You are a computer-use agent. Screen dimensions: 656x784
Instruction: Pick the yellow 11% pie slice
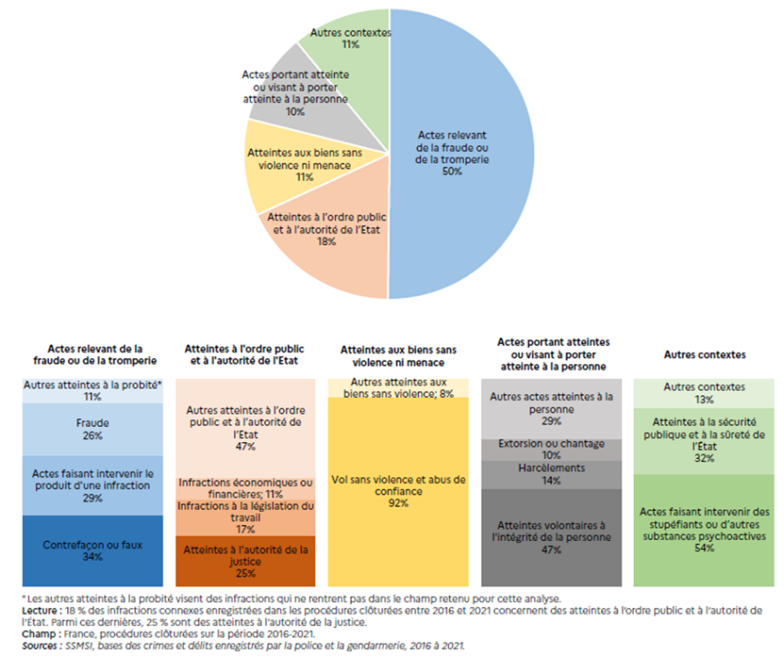click(283, 164)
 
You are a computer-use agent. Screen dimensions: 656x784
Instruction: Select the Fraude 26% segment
click(93, 430)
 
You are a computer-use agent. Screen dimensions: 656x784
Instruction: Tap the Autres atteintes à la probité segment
click(93, 391)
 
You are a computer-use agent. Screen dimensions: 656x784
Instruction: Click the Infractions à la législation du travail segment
click(245, 517)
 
